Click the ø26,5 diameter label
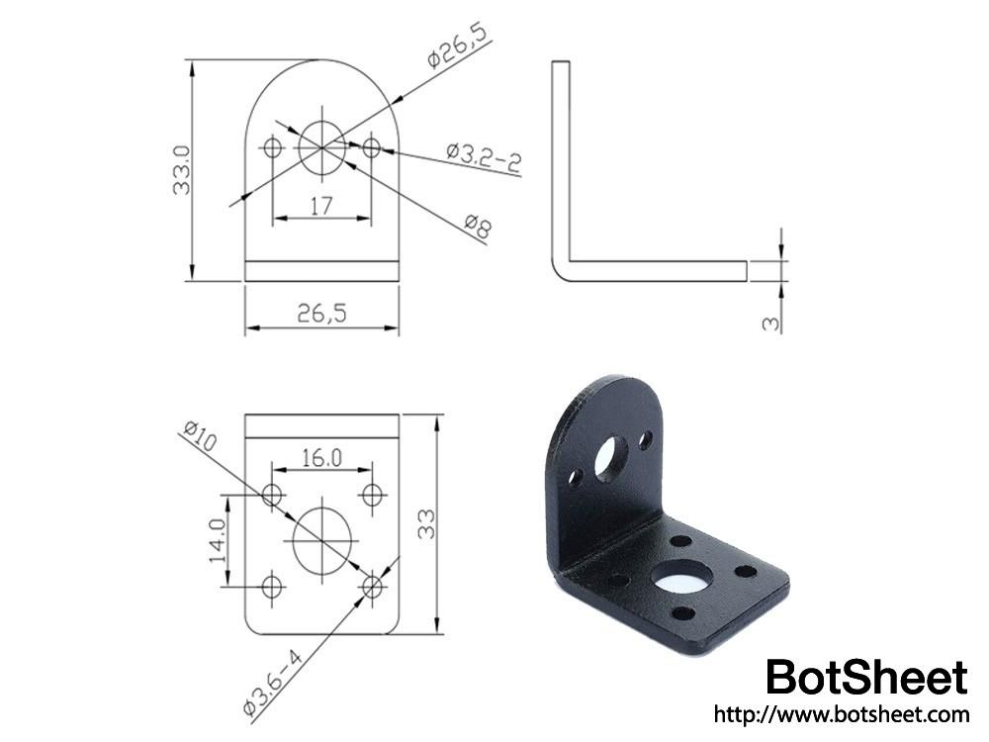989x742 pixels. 458,45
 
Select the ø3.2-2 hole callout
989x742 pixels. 483,158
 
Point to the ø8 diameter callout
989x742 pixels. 477,228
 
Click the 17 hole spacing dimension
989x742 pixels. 321,206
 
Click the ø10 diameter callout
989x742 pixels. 199,436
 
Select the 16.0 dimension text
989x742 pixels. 321,458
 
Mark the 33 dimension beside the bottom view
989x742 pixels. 426,524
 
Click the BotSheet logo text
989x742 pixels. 866,678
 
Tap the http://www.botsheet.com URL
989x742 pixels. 841,713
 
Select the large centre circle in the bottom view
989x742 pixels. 322,539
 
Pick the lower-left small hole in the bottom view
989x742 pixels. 272,588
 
